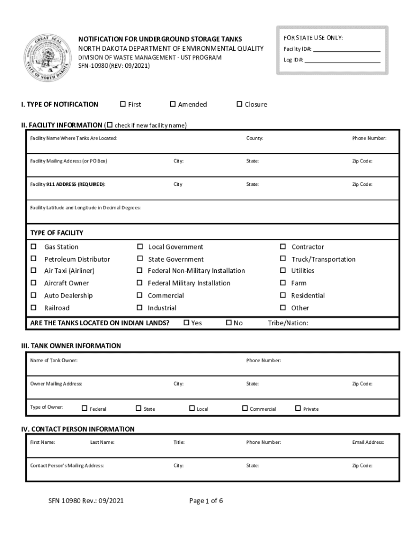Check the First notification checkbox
(123, 104)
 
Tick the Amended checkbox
(173, 104)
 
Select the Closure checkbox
(240, 104)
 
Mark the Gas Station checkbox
(34, 247)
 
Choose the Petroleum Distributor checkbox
(34, 259)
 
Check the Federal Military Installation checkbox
(140, 283)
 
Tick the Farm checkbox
(283, 283)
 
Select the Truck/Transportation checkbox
(283, 259)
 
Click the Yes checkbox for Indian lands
(187, 323)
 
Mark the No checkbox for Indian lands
(229, 323)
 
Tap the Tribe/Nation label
(288, 323)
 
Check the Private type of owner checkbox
(298, 409)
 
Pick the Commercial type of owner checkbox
(245, 409)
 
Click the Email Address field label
(368, 442)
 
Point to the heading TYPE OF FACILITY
(57, 233)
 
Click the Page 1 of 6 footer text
(205, 501)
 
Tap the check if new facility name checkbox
(110, 125)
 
